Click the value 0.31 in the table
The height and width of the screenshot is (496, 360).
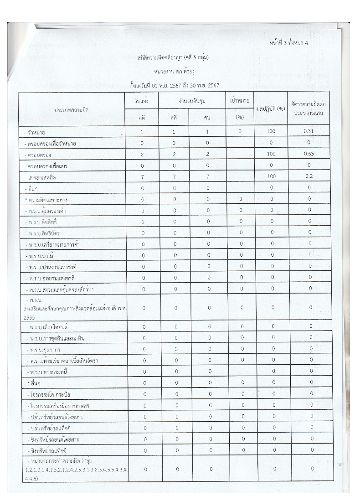coord(309,132)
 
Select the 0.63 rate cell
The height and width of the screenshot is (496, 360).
coord(309,154)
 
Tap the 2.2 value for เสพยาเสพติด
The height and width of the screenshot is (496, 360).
coord(309,176)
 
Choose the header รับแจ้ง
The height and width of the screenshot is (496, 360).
coord(142,101)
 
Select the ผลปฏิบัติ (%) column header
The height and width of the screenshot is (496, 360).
coord(271,109)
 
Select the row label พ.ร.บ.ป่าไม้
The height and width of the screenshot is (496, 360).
coord(44,254)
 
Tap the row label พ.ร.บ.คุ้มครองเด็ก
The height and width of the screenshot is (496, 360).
coord(50,211)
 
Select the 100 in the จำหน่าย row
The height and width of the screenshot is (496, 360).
coord(271,132)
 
